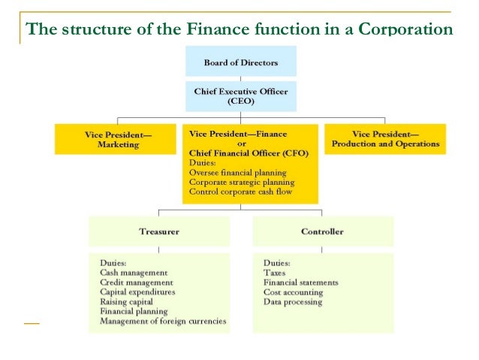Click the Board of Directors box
[x=240, y=62]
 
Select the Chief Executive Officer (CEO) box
[x=240, y=95]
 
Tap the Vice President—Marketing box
[x=118, y=139]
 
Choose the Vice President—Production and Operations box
[x=385, y=139]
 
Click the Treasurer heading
[x=158, y=231]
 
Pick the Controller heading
[x=322, y=231]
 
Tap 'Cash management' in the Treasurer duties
[x=134, y=273]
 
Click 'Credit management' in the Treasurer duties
[x=136, y=283]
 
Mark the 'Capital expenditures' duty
[x=137, y=292]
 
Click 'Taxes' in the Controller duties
[x=275, y=273]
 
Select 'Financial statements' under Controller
[x=300, y=283]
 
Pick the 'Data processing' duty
[x=293, y=302]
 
